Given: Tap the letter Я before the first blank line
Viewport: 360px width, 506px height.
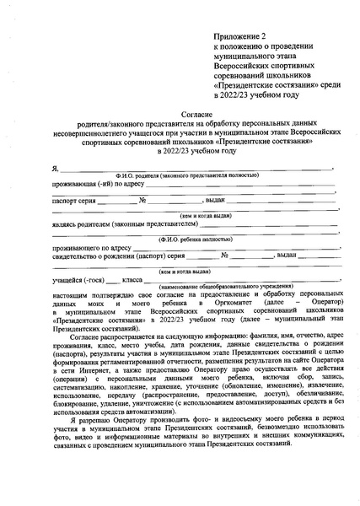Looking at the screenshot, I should coord(54,169).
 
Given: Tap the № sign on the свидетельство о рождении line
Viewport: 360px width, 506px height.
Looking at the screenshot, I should coord(225,254).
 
